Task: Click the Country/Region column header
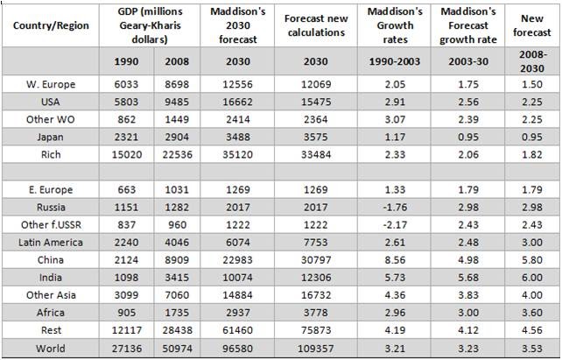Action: click(49, 25)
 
